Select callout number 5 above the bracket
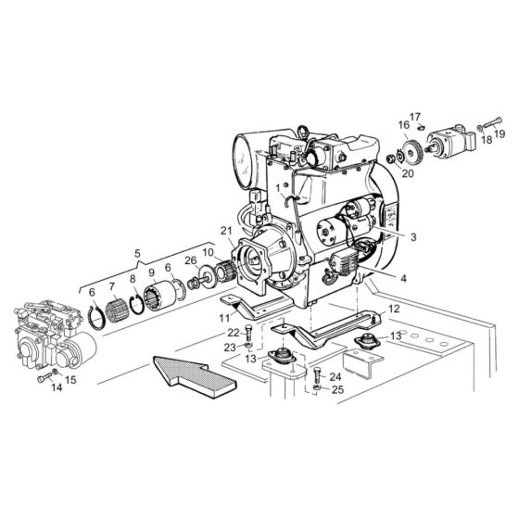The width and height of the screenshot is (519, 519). point(138,253)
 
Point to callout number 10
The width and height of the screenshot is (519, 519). point(208,253)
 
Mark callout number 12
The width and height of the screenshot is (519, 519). point(394,309)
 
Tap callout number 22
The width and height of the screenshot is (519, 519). point(234,333)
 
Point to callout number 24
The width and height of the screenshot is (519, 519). point(335,377)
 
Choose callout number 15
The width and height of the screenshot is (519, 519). point(72,379)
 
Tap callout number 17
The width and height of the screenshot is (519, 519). point(415,116)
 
